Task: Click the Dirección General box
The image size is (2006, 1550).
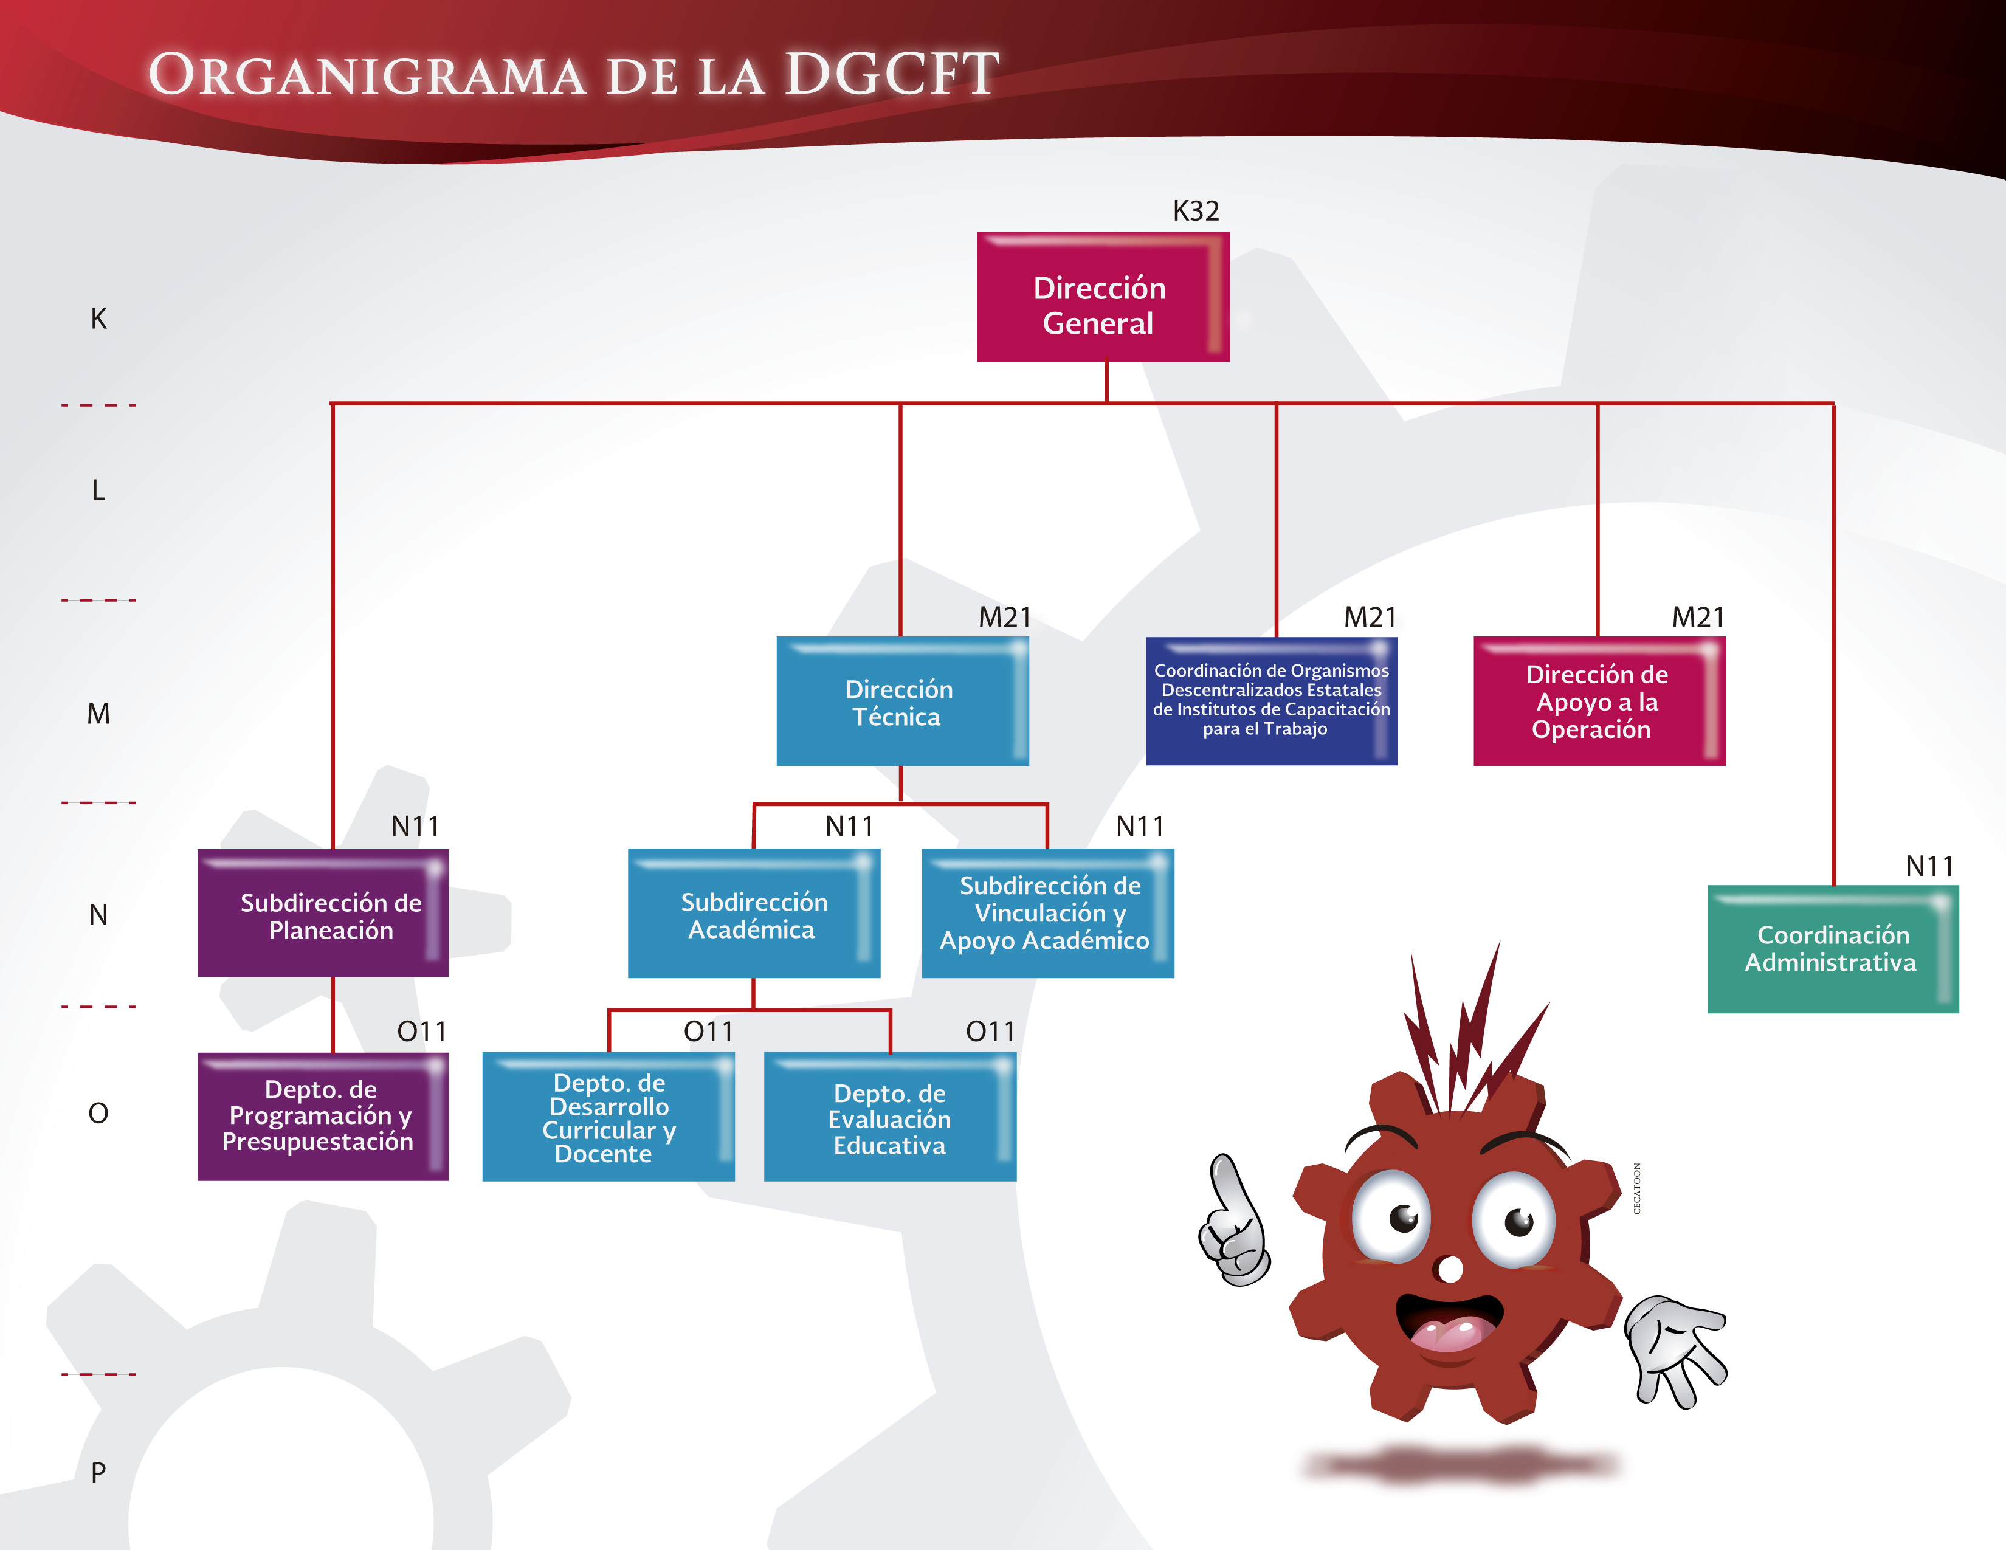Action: (x=1102, y=297)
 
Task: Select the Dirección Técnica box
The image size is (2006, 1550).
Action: (x=902, y=701)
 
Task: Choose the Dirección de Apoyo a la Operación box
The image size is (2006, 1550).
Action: (x=1598, y=701)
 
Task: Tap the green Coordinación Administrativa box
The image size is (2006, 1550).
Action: (x=1832, y=949)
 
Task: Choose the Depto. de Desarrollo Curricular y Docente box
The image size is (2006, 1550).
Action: (x=608, y=1117)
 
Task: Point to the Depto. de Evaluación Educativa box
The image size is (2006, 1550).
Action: (x=889, y=1117)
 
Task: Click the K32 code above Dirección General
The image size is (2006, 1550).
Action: (x=1196, y=211)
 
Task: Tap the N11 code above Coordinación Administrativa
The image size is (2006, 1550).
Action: (x=1929, y=866)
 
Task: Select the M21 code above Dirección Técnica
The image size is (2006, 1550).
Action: (x=1005, y=617)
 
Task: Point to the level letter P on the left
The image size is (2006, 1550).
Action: (x=98, y=1473)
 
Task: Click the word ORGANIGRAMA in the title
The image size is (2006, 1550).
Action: (x=367, y=75)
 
